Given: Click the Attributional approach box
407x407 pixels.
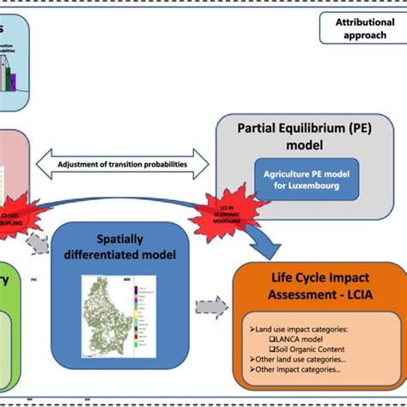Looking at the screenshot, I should click(359, 28).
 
